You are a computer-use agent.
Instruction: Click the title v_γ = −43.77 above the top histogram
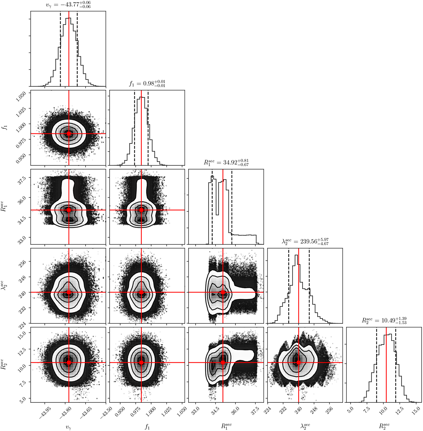pyautogui.click(x=68, y=5)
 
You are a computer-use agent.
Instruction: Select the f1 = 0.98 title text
pyautogui.click(x=147, y=84)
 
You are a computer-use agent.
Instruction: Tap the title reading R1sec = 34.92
pyautogui.click(x=226, y=162)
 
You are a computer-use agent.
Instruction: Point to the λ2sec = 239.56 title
pyautogui.click(x=305, y=241)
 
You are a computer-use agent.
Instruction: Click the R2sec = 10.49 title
pyautogui.click(x=384, y=320)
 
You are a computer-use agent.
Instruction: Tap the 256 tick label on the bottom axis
pyautogui.click(x=330, y=408)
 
